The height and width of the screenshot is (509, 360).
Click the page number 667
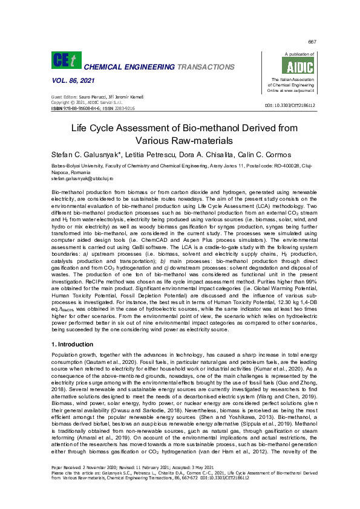tap(312, 42)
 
